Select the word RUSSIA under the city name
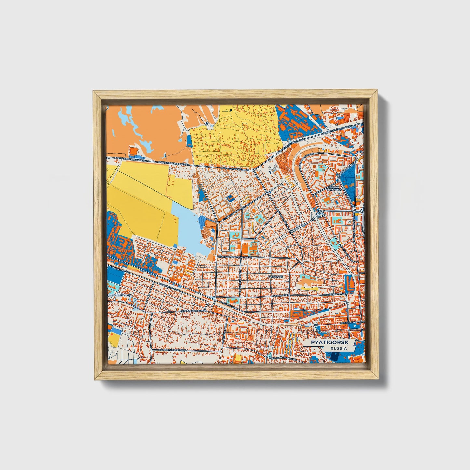(338, 348)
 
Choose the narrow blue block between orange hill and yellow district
(190, 141)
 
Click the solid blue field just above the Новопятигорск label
(114, 276)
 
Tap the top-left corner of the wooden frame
(94, 92)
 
